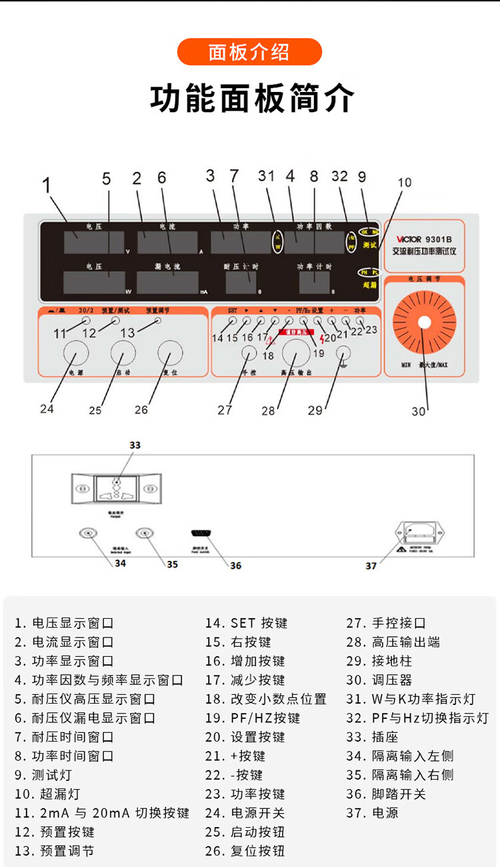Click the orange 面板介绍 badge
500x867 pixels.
click(249, 52)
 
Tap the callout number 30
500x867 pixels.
click(418, 411)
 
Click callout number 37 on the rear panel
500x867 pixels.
click(371, 566)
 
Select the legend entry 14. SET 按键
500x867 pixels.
click(246, 623)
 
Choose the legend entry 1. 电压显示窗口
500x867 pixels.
click(64, 623)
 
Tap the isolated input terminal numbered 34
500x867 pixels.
click(86, 533)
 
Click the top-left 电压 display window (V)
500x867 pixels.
click(94, 243)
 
